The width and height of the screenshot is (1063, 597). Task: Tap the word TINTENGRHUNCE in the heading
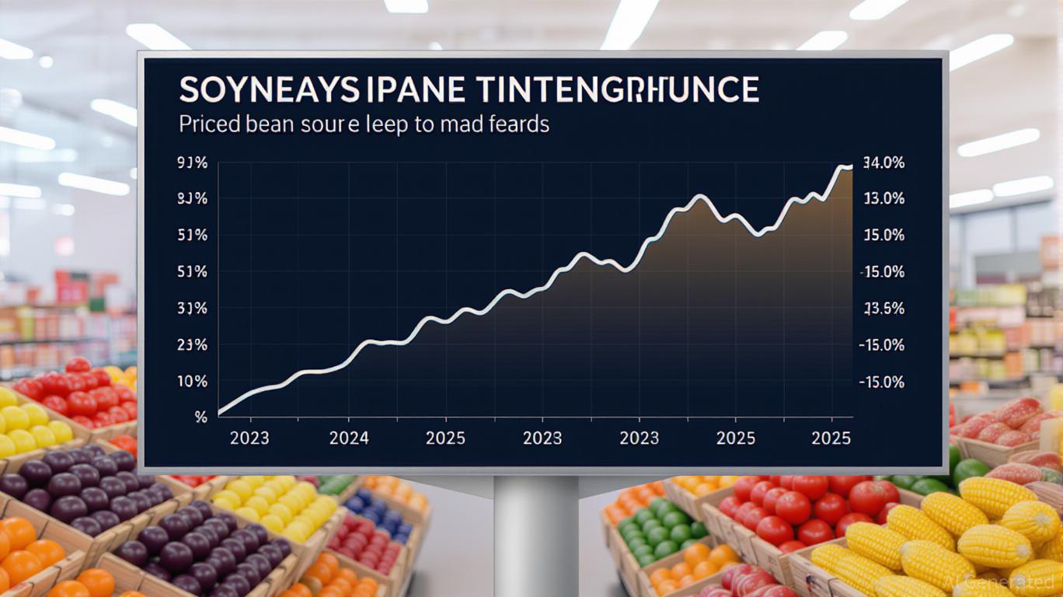[618, 90]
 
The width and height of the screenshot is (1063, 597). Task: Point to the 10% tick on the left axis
[193, 382]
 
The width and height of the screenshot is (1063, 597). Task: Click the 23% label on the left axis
[192, 345]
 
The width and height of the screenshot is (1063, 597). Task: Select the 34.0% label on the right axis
[884, 163]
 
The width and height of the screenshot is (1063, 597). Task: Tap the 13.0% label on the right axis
[884, 199]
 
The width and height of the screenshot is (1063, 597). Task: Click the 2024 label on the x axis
[349, 438]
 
